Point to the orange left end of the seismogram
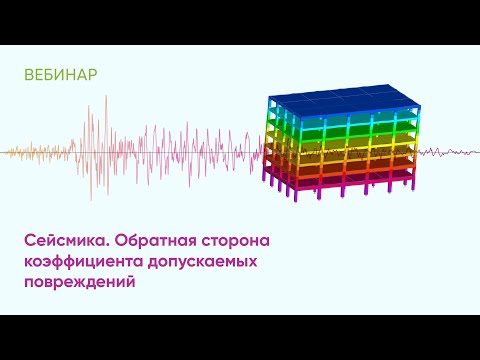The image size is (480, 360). click(x=15, y=153)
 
